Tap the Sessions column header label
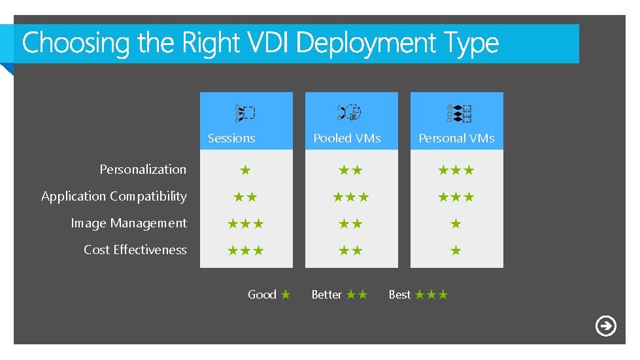tap(231, 138)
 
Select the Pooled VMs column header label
tap(346, 138)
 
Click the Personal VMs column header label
tap(456, 138)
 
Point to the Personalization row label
tap(143, 169)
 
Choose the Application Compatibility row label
tap(114, 196)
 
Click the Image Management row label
tap(129, 223)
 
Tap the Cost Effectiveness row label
tap(135, 250)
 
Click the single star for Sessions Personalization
tap(245, 171)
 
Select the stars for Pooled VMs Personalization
tap(350, 171)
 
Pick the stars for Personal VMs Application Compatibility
tap(456, 197)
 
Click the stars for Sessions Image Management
tap(245, 224)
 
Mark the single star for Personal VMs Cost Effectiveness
tap(456, 250)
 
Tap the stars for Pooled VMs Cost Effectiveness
tap(350, 250)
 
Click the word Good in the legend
tap(261, 295)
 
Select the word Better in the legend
tap(326, 295)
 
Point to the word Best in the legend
tap(399, 295)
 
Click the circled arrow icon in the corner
tap(606, 325)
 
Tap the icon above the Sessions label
tap(245, 113)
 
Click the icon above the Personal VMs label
tap(459, 113)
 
